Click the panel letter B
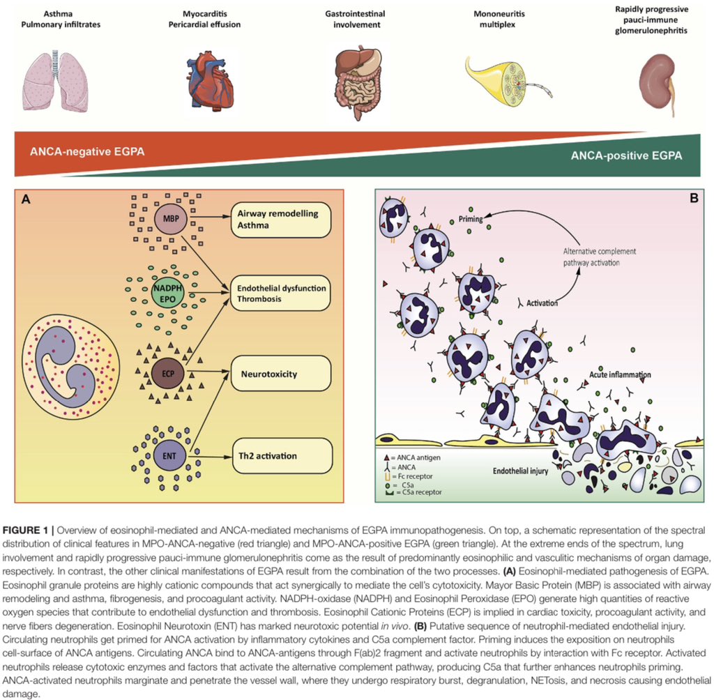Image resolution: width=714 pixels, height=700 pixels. coord(694,198)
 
